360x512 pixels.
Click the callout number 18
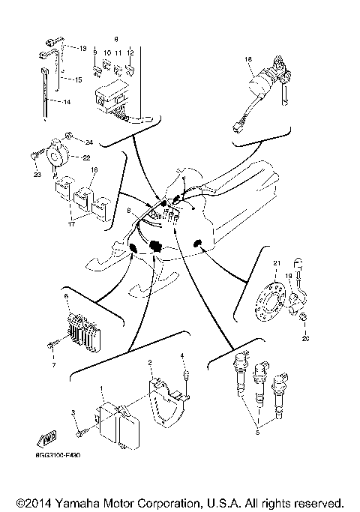click(247, 58)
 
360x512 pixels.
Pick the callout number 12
click(130, 53)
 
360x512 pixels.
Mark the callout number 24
click(88, 142)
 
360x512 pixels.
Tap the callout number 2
click(149, 363)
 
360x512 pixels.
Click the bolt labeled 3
click(80, 432)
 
